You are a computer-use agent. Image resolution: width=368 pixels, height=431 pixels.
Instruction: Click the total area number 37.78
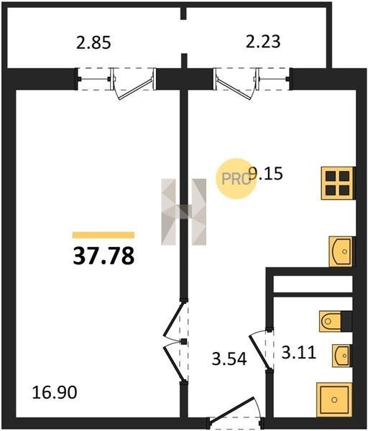coord(103,256)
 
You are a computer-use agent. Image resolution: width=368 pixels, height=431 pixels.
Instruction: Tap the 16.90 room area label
coord(55,392)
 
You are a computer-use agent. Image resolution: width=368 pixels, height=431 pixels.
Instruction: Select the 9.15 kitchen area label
coord(265,173)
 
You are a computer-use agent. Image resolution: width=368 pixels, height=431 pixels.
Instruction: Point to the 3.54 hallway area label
coord(229,358)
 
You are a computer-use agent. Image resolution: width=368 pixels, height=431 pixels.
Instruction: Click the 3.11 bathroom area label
coord(299,353)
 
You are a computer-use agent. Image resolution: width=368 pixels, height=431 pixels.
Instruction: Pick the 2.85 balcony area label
coord(93,43)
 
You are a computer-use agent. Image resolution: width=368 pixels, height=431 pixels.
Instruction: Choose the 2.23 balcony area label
coord(263,42)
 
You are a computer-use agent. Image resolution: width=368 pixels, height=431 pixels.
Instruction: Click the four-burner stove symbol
coord(337,182)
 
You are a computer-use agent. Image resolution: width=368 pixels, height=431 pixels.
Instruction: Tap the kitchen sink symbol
coord(341,251)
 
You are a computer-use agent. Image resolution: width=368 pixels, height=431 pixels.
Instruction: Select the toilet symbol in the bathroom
coord(331,321)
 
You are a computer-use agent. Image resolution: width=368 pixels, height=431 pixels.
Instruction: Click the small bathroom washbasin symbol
coord(341,356)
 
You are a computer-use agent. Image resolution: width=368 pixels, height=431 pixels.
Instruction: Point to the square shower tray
coord(334,399)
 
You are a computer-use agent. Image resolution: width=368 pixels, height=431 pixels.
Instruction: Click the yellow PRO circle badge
coord(236,179)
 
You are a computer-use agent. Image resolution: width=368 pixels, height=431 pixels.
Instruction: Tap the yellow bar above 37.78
coord(103,235)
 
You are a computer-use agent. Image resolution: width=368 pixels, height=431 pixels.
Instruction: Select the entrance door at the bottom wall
coord(234,412)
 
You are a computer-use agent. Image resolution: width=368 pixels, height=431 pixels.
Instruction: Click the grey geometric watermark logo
coord(183,212)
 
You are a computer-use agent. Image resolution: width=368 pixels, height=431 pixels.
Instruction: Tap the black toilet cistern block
coord(346,321)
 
